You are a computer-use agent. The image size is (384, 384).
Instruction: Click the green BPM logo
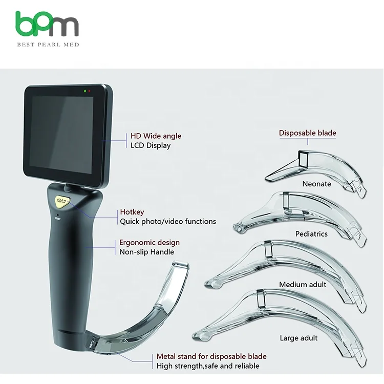[x=47, y=25]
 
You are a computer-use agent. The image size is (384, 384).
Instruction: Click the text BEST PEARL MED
[x=48, y=45]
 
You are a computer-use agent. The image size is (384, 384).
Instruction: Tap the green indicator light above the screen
[x=85, y=91]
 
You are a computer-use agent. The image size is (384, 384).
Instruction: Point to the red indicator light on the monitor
[x=90, y=92]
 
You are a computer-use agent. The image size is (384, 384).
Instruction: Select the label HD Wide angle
[x=156, y=136]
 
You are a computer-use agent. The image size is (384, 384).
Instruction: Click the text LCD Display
[x=151, y=145]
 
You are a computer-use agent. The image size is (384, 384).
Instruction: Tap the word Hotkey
[x=132, y=212]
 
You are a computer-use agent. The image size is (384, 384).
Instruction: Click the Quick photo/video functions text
[x=168, y=222]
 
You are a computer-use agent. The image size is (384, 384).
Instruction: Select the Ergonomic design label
[x=150, y=242]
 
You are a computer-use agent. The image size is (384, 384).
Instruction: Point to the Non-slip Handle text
[x=147, y=251]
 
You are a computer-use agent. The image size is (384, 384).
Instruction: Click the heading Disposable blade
[x=307, y=133]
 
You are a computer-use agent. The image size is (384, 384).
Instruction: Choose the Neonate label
[x=316, y=184]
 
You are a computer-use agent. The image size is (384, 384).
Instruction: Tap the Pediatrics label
[x=311, y=234]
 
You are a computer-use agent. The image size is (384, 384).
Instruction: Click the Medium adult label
[x=303, y=285]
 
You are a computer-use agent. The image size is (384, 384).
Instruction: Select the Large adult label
[x=298, y=338]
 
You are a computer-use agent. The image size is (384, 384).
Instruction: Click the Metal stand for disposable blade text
[x=211, y=356]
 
